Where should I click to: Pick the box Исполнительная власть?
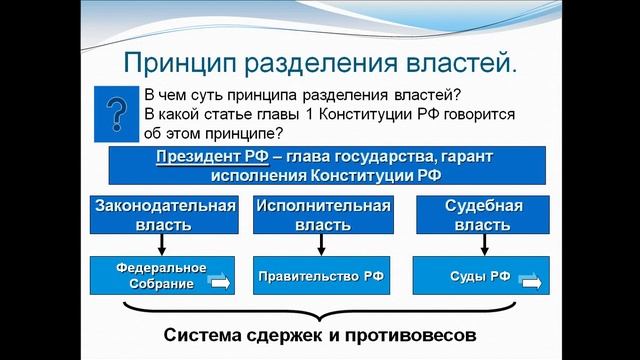322,216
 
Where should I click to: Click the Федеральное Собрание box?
163,275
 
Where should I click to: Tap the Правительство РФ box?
322,276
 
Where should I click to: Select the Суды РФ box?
483,276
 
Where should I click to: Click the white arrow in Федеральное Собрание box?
219,282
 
